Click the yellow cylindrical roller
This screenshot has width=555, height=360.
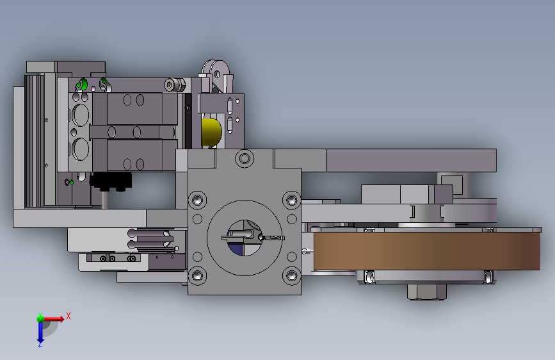click(x=211, y=132)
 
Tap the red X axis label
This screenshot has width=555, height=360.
click(x=68, y=316)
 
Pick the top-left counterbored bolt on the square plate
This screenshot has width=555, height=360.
click(x=198, y=200)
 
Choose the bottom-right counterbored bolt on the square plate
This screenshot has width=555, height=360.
click(x=291, y=275)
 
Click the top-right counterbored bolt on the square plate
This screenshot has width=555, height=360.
click(x=291, y=200)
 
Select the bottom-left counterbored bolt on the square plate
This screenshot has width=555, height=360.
click(x=198, y=275)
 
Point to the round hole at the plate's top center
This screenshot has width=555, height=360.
click(x=245, y=158)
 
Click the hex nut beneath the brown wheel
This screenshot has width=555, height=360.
click(x=426, y=292)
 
